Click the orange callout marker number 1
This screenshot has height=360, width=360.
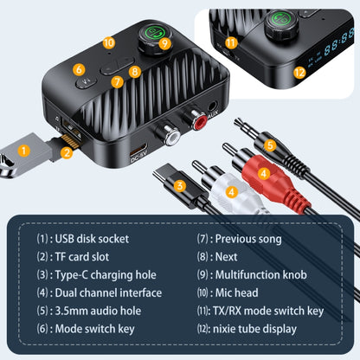pos(24,149)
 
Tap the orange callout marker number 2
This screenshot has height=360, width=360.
pos(67,154)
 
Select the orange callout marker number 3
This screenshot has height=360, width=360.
pos(180,184)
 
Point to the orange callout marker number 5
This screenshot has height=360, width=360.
pos(270,145)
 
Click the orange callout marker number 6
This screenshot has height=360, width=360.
pos(79,69)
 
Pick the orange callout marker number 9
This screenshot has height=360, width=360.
pos(164,42)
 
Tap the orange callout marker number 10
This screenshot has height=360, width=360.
pos(108,42)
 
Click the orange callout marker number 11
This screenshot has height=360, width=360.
pos(230,42)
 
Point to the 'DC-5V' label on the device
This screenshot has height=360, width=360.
pos(138,157)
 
